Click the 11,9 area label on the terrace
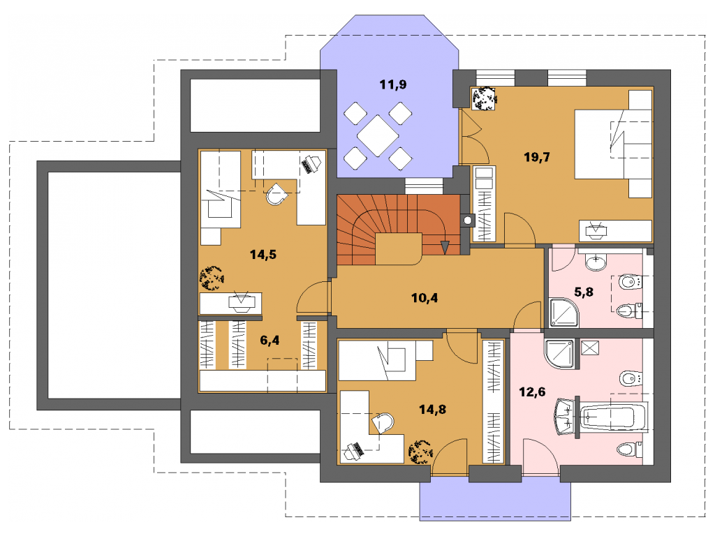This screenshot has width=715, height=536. pyautogui.click(x=392, y=84)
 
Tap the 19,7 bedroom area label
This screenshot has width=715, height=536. pyautogui.click(x=537, y=157)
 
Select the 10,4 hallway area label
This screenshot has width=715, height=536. pyautogui.click(x=425, y=298)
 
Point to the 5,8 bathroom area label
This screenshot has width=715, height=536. pyautogui.click(x=584, y=292)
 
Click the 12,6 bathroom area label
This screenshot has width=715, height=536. pyautogui.click(x=532, y=392)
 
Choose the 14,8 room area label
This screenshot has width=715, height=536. pyautogui.click(x=433, y=409)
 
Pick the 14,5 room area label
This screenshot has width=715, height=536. pyautogui.click(x=263, y=254)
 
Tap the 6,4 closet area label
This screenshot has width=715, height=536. pyautogui.click(x=270, y=341)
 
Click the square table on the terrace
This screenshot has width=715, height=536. pyautogui.click(x=378, y=135)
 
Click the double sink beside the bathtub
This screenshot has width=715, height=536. pyautogui.click(x=564, y=417)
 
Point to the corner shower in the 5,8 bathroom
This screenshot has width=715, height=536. pyautogui.click(x=564, y=313)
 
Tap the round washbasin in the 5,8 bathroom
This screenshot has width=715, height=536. pyautogui.click(x=596, y=262)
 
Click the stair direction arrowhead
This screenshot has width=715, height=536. pyautogui.click(x=445, y=248)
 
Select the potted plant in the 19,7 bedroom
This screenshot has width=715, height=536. pyautogui.click(x=484, y=98)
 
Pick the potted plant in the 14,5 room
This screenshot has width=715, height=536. pyautogui.click(x=212, y=278)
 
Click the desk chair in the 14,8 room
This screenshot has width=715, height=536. pyautogui.click(x=383, y=423)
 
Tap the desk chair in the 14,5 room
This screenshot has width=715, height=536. pyautogui.click(x=277, y=194)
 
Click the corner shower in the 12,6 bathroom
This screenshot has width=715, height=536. pyautogui.click(x=561, y=354)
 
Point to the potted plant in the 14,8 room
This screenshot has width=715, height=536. pyautogui.click(x=420, y=452)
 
